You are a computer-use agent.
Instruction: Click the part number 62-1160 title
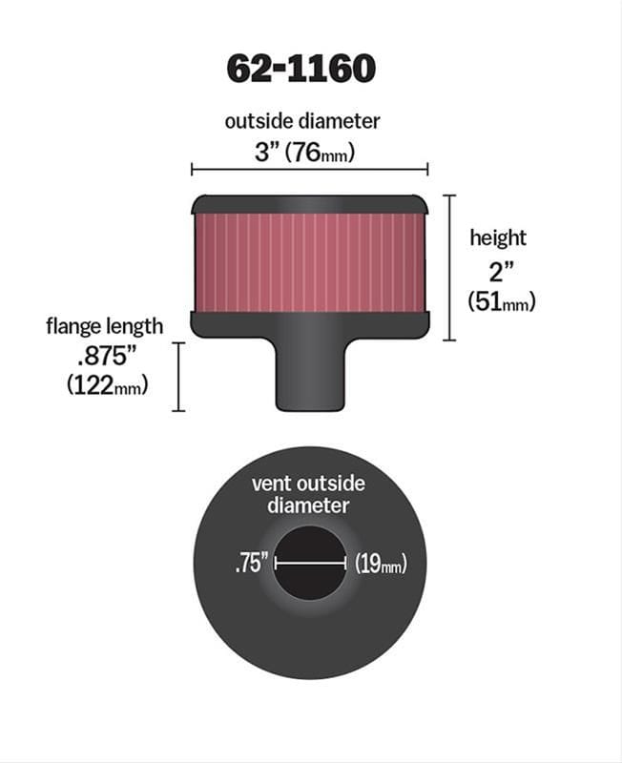[x=301, y=68]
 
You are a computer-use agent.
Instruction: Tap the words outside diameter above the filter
[x=301, y=121]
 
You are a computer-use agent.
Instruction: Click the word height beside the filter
[x=497, y=237]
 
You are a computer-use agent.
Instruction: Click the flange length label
[x=104, y=326]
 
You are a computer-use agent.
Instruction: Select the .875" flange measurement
[x=106, y=357]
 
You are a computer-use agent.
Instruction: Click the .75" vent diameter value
[x=250, y=564]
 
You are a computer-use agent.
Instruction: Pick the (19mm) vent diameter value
[x=381, y=564]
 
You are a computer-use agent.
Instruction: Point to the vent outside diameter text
[x=307, y=494]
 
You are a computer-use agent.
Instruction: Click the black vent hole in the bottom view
[x=310, y=582]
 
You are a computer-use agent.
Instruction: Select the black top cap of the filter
[x=310, y=204]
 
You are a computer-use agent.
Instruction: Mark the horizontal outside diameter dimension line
[x=309, y=170]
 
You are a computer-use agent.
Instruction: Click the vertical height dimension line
[x=450, y=267]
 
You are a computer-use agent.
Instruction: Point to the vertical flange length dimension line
[x=178, y=377]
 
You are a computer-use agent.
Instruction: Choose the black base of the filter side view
[x=310, y=324]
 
